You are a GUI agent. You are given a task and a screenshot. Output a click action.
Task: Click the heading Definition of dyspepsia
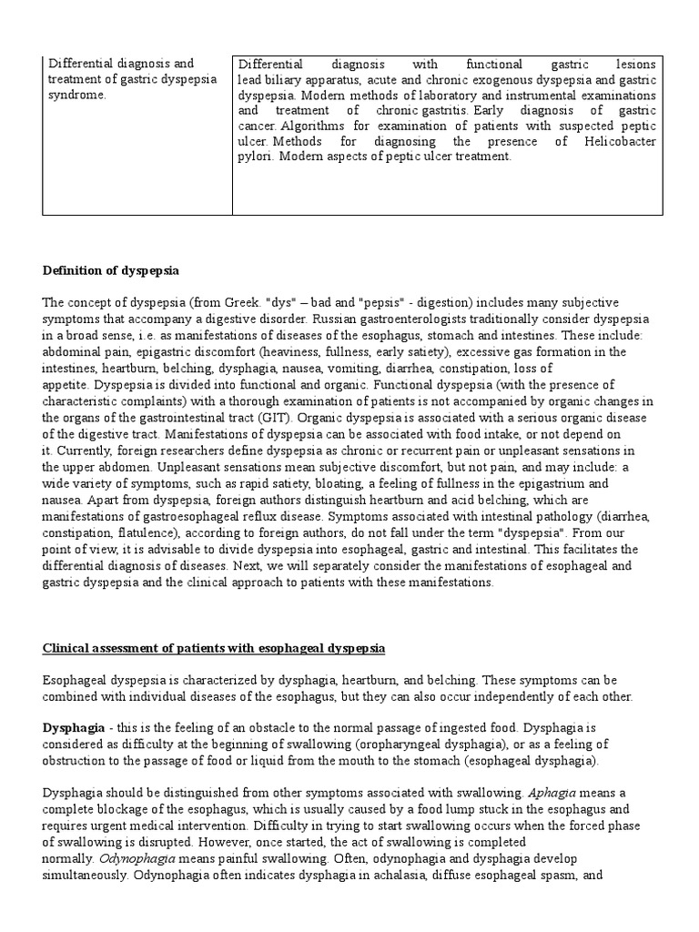tap(111, 271)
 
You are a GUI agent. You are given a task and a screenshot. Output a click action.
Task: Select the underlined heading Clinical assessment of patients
tap(215, 648)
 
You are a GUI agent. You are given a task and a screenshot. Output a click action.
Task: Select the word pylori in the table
tap(256, 157)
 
